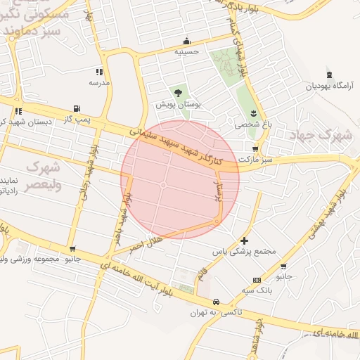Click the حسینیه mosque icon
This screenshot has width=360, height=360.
click(186, 41)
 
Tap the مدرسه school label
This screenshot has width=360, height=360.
click(99, 82)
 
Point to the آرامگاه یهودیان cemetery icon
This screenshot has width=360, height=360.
click(330, 75)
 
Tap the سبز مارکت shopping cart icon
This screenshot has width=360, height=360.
click(255, 149)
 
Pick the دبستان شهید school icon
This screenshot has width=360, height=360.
click(18, 111)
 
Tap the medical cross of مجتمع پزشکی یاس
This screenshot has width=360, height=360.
click(244, 240)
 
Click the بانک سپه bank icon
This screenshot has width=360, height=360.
click(257, 280)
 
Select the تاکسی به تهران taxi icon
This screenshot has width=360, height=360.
click(223, 300)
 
